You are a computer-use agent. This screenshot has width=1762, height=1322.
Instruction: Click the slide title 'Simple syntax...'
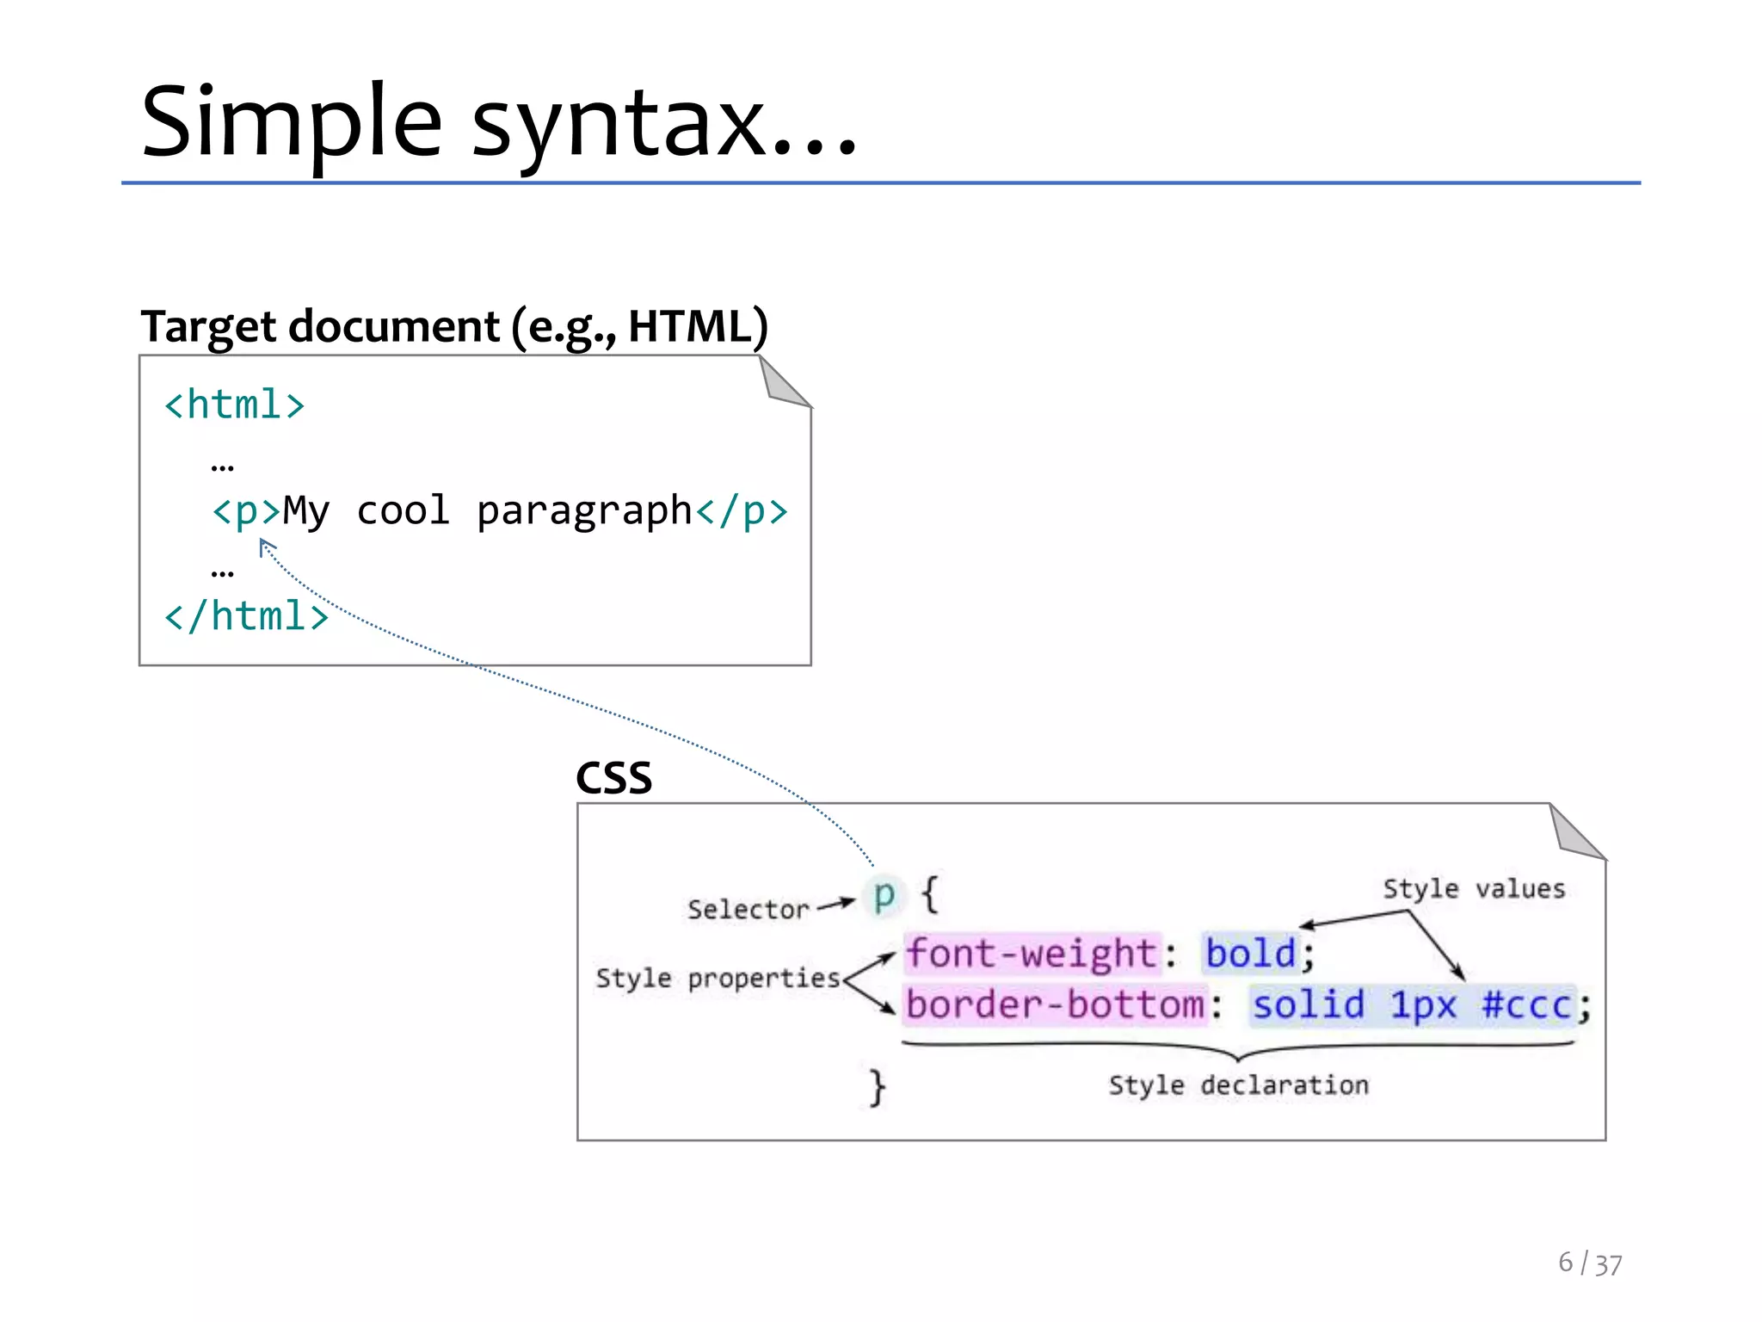point(499,122)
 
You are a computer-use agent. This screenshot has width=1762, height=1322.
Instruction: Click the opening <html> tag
point(234,405)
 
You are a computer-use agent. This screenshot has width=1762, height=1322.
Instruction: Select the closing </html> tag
point(246,616)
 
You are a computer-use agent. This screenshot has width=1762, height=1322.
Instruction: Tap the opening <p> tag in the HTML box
point(246,511)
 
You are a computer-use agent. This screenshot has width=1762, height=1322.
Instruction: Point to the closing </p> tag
point(742,511)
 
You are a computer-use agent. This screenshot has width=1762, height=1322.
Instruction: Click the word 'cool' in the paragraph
point(403,511)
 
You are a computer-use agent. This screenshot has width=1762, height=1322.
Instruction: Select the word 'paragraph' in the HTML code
point(584,511)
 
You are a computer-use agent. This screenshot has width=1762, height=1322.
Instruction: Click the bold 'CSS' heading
point(613,778)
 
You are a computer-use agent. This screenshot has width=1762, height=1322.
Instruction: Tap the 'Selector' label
point(748,909)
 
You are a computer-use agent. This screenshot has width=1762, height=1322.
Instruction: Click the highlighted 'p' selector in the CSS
point(884,895)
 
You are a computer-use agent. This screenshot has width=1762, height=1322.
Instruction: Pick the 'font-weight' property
point(1032,954)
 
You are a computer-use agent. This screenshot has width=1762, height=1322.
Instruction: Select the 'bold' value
point(1250,954)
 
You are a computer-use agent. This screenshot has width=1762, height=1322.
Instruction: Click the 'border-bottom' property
point(1056,1004)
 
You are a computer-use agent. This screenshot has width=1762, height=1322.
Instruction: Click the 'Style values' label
point(1474,888)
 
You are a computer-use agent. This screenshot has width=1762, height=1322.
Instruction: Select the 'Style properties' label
point(718,978)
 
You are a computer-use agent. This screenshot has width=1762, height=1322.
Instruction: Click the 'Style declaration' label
point(1238,1084)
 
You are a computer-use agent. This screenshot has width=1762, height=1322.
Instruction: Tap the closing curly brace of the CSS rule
point(877,1087)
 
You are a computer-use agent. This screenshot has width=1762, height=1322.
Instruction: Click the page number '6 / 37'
point(1589,1263)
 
